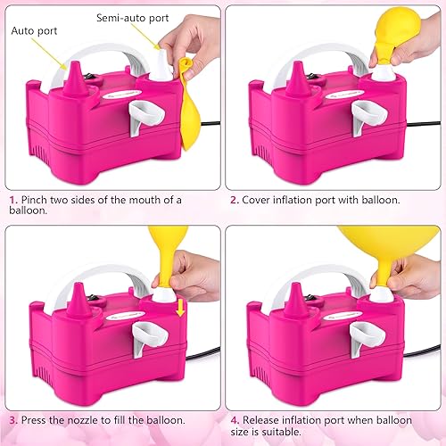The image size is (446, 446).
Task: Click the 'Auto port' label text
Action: click(34, 30)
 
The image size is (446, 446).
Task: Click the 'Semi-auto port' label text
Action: click(129, 17)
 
